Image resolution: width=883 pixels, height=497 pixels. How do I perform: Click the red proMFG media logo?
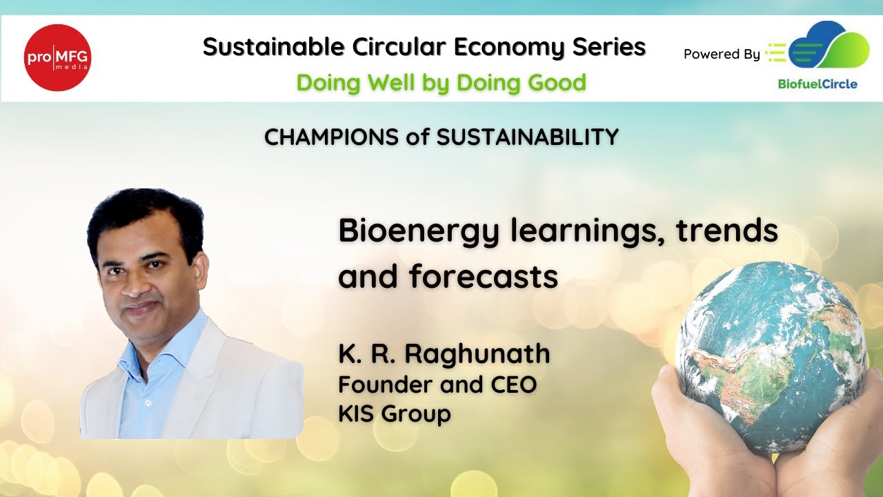[58, 57]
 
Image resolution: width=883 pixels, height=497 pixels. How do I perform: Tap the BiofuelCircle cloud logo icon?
[828, 47]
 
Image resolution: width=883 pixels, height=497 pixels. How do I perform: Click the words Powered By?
[722, 54]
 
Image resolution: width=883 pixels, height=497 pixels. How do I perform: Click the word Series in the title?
[609, 47]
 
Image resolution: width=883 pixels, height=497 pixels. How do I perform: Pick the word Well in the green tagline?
[388, 83]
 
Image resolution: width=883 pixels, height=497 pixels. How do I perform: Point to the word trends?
[726, 231]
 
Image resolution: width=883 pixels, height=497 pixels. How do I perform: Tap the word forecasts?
[483, 277]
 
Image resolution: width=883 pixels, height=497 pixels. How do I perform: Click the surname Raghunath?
[477, 353]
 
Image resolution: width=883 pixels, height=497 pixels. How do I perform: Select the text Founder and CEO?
[437, 384]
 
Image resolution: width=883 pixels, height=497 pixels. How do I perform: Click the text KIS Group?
[394, 414]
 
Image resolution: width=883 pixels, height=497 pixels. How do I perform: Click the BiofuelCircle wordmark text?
[817, 84]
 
